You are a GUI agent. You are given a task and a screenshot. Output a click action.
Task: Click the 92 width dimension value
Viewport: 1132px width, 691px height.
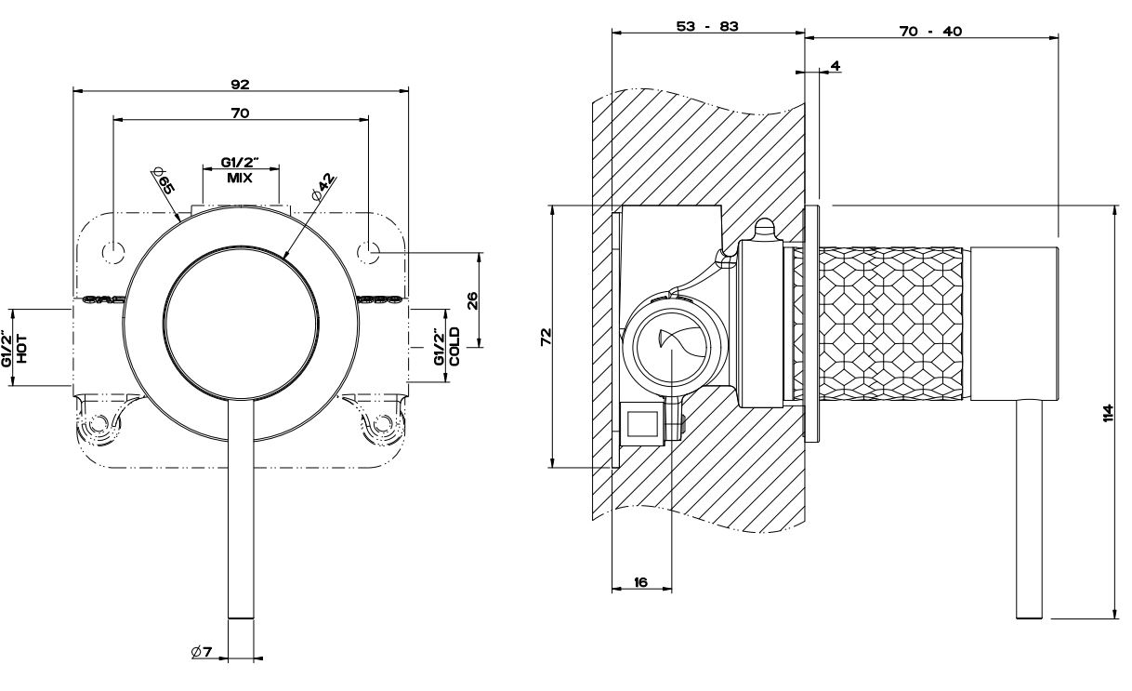240,84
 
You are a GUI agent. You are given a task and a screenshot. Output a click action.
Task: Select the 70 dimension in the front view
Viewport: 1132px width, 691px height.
240,113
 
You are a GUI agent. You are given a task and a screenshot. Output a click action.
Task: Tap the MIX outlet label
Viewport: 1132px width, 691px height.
240,177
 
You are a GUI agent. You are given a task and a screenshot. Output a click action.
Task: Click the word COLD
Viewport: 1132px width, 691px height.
454,346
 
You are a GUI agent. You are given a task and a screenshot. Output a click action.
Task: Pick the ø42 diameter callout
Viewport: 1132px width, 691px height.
323,185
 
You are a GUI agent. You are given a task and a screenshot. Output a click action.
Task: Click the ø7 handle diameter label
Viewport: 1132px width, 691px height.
203,653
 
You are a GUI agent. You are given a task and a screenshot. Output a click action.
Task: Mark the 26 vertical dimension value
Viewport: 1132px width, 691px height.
472,299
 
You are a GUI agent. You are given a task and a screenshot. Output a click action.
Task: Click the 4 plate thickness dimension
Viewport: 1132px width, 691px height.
835,66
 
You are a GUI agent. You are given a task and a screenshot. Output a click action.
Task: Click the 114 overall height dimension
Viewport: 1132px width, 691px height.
1107,412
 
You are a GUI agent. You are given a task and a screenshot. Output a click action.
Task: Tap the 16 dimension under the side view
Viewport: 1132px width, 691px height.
640,582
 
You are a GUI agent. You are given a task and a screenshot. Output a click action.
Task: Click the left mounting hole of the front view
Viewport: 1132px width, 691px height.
113,249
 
